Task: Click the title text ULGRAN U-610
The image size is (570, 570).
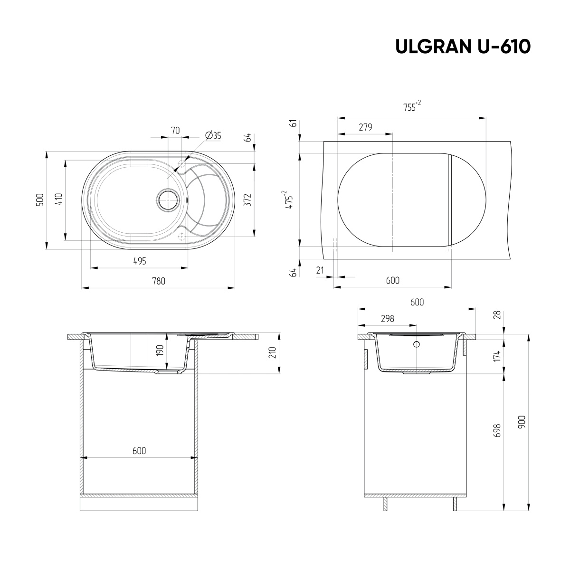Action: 463,47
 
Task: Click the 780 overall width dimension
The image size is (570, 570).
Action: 159,281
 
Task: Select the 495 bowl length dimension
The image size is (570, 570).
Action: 139,261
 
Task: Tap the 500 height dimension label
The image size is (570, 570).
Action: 40,199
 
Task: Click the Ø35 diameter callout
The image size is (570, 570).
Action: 213,136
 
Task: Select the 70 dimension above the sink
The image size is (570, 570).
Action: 175,131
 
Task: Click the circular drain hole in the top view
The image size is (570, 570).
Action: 168,199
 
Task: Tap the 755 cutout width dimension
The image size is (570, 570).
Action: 411,107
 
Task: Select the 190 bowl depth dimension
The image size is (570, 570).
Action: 160,351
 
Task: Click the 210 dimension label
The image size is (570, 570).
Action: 272,352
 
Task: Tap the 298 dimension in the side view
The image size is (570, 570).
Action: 387,319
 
